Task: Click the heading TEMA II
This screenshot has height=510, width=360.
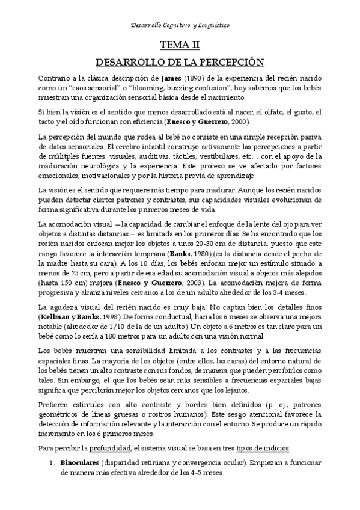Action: coord(180,45)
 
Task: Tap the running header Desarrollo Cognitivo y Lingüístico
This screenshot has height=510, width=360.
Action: coord(180,25)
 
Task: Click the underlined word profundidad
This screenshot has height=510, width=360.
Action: coord(106,448)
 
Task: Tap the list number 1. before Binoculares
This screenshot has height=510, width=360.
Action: coord(53,464)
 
